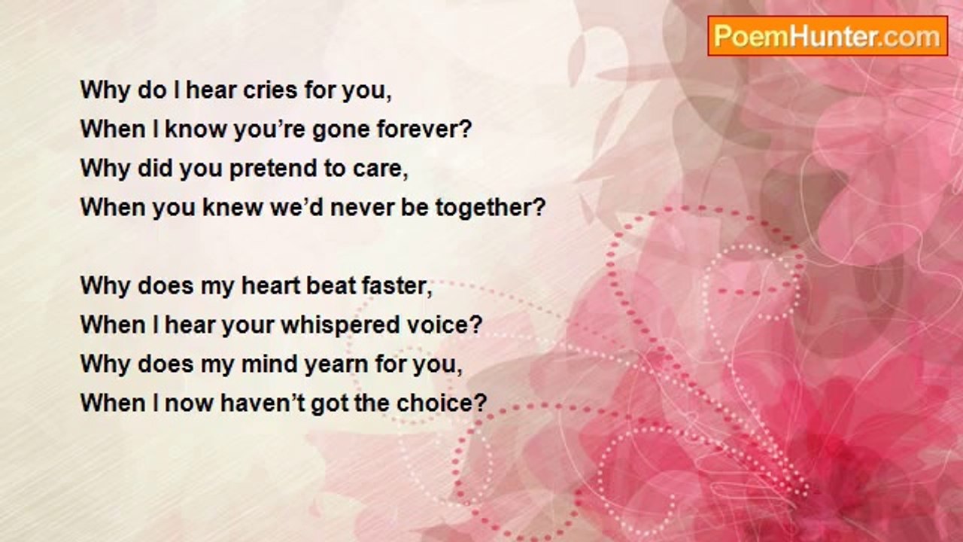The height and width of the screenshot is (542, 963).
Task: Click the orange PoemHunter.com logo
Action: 828,36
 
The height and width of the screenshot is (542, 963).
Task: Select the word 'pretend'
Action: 273,169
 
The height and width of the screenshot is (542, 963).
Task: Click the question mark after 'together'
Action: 539,208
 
